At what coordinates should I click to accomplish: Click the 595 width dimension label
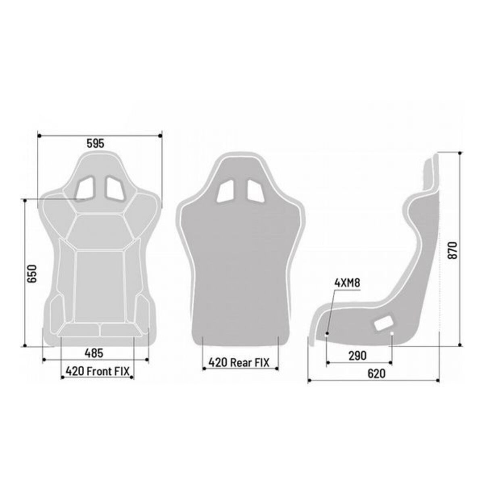click(95, 143)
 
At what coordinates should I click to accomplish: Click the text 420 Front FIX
click(97, 371)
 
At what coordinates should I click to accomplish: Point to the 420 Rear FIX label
click(239, 362)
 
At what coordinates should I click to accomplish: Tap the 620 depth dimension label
click(376, 373)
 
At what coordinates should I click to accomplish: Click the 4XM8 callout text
click(347, 283)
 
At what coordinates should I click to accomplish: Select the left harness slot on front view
click(86, 188)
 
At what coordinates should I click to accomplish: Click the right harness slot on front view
click(115, 188)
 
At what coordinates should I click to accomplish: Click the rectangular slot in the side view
click(383, 323)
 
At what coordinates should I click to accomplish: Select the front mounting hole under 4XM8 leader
click(327, 334)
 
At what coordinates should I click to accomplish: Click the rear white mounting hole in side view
click(392, 333)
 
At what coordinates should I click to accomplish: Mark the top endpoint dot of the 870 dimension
click(460, 152)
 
